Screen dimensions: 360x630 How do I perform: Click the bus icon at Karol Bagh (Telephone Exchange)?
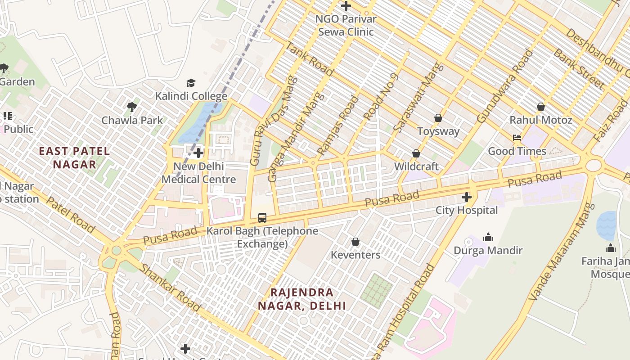coord(262,218)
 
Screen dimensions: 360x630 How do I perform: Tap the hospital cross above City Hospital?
coord(467,197)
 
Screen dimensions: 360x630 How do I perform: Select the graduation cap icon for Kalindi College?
coord(191,83)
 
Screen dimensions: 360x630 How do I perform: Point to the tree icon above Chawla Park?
coord(132,107)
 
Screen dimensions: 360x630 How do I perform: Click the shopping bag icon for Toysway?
coord(438,118)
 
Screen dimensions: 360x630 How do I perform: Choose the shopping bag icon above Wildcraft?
coord(416,154)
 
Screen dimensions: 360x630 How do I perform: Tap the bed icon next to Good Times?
coord(517,138)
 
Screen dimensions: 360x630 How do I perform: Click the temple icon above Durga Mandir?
coord(488,237)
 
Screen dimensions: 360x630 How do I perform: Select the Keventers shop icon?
coord(355,242)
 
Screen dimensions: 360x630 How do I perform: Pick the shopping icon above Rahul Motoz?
coord(541,107)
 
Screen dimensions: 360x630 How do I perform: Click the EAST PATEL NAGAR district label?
coord(75,157)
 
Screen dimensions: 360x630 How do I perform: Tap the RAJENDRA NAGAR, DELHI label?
coord(302,299)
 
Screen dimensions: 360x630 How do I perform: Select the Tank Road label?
coord(310,59)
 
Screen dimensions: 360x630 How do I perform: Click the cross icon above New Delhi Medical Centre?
coord(198,153)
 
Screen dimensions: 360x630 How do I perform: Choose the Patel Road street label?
coord(71,215)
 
